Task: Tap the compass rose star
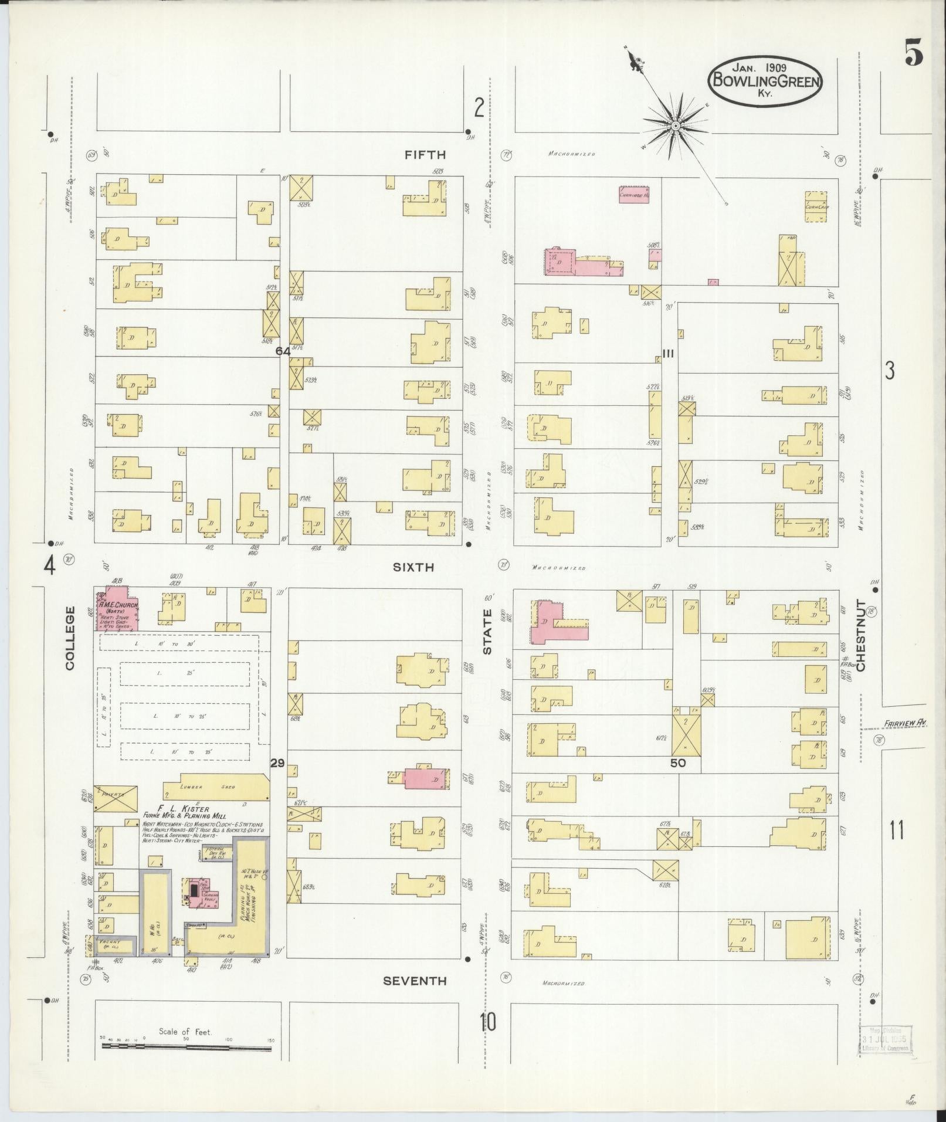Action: pos(676,126)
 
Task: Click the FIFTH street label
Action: pos(425,155)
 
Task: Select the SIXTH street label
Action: pos(413,567)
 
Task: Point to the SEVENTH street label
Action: pos(415,981)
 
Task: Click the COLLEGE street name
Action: pos(70,638)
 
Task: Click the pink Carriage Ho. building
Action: pos(634,195)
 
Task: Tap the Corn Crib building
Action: pos(816,206)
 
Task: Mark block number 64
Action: pos(283,351)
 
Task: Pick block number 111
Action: pos(667,352)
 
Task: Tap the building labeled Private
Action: pos(116,798)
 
